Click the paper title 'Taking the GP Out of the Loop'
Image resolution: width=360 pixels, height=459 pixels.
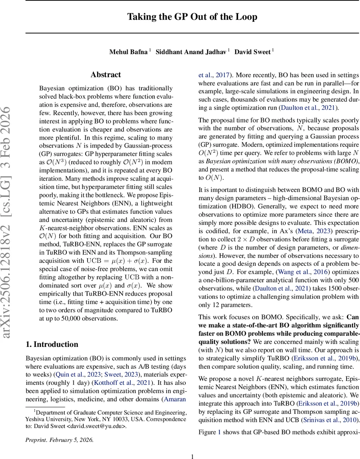[x=192, y=17]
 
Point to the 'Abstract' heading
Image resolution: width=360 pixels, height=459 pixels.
[x=106, y=75]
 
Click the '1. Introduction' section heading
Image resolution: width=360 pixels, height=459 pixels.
[x=52, y=344]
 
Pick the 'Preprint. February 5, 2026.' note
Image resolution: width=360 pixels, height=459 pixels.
[x=59, y=439]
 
